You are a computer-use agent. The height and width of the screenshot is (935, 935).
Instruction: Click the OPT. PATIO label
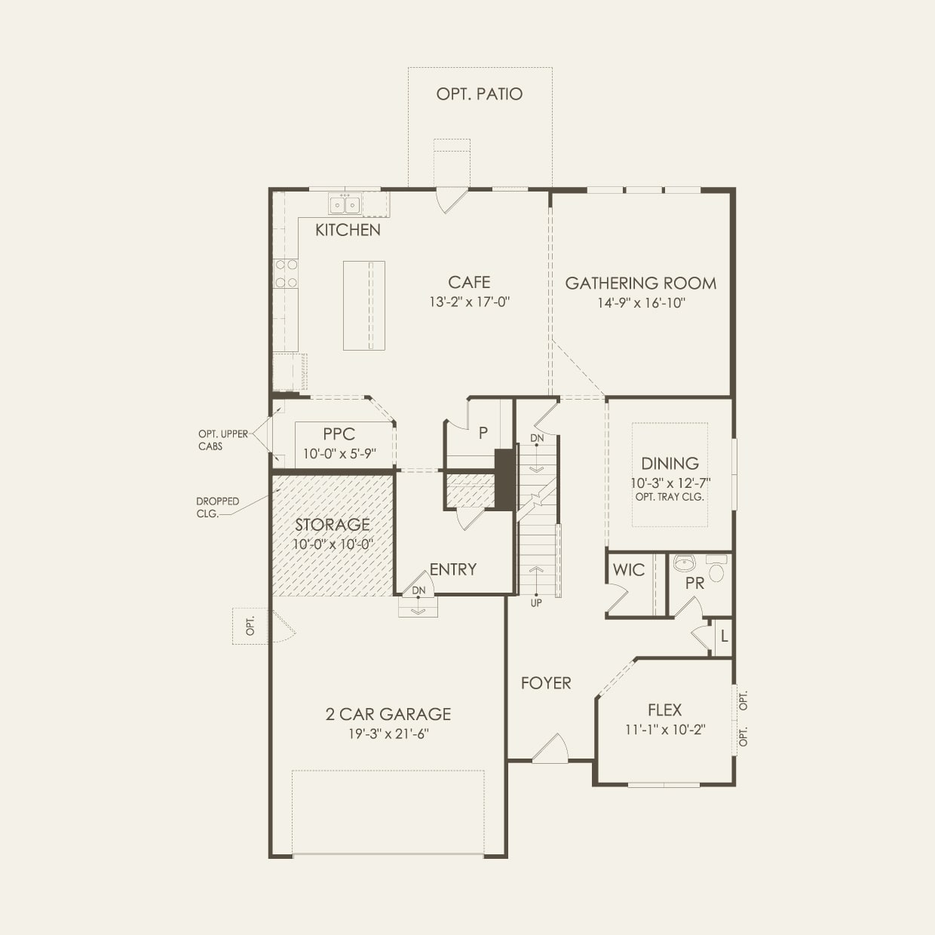click(480, 93)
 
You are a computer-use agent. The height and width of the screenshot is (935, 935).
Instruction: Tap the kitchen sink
click(345, 204)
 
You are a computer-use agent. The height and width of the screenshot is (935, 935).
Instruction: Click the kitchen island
click(364, 305)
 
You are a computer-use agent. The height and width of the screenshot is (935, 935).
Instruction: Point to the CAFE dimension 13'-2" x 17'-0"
click(469, 302)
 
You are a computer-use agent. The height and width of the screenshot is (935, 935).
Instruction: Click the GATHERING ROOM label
click(640, 283)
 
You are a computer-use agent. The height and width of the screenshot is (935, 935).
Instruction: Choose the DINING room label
click(670, 464)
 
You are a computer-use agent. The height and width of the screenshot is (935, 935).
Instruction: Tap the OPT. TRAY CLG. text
click(670, 497)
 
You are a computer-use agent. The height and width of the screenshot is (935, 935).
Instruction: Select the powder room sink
click(685, 563)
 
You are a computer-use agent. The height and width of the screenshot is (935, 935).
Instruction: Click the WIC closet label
click(628, 569)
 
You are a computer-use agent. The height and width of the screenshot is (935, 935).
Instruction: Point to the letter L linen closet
click(724, 636)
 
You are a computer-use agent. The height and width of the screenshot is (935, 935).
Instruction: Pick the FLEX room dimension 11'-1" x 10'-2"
click(665, 729)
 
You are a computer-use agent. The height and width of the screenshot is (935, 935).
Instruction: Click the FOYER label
click(546, 682)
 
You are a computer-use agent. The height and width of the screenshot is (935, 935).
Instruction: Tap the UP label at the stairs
click(536, 603)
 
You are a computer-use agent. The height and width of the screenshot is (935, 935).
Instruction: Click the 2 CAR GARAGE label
click(388, 714)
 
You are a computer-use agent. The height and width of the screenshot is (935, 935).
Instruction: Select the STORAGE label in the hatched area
click(333, 525)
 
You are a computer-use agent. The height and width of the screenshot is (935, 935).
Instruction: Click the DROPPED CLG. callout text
click(217, 507)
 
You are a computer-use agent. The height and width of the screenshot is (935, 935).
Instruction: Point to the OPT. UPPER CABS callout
click(222, 440)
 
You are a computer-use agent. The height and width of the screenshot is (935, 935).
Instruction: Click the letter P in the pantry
click(483, 433)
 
